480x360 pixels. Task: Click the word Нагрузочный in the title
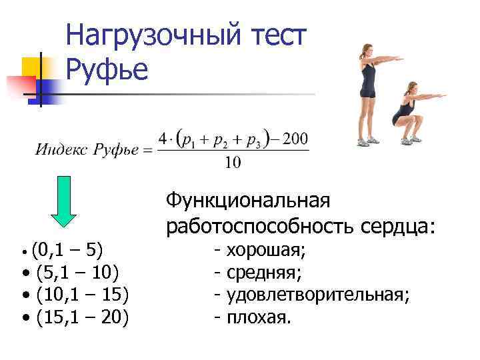point(159,36)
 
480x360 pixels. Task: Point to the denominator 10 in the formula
point(233,163)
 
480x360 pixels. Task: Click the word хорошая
point(266,251)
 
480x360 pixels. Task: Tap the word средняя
point(264,273)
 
